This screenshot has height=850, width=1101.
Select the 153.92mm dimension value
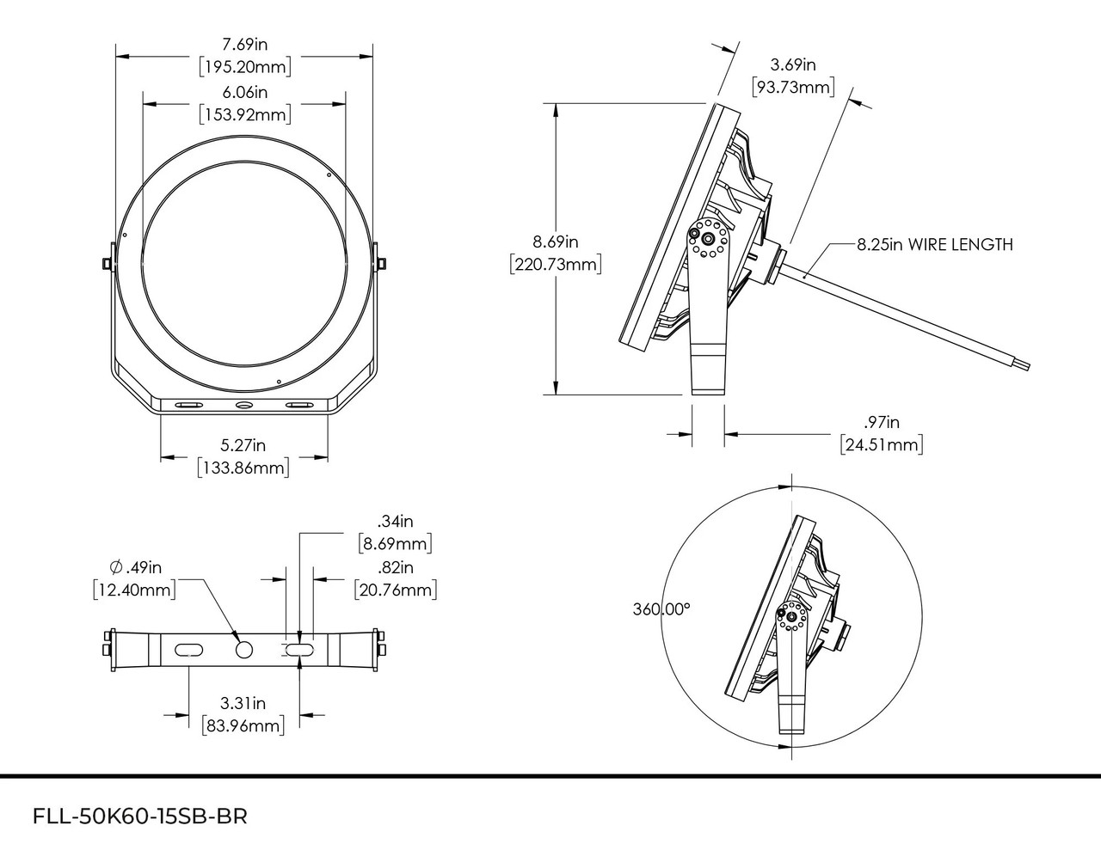[x=244, y=113]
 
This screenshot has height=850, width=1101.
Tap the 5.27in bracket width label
[x=243, y=445]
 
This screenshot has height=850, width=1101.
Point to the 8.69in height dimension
[x=555, y=242]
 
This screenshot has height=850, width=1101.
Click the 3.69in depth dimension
[x=792, y=64]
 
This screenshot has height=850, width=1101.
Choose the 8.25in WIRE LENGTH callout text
[x=934, y=245]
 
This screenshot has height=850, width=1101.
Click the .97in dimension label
[x=881, y=422]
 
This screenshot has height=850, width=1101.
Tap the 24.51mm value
[x=881, y=444]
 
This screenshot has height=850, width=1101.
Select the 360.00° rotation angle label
[x=661, y=609]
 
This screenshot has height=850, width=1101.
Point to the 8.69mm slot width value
[x=395, y=544]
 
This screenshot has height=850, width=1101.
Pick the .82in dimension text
[x=395, y=567]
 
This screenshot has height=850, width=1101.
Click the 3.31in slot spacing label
[x=243, y=702]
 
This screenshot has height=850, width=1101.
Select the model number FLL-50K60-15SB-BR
[x=139, y=816]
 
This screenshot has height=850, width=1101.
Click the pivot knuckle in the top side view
[x=709, y=237]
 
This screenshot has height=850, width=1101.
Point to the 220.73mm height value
[x=555, y=264]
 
